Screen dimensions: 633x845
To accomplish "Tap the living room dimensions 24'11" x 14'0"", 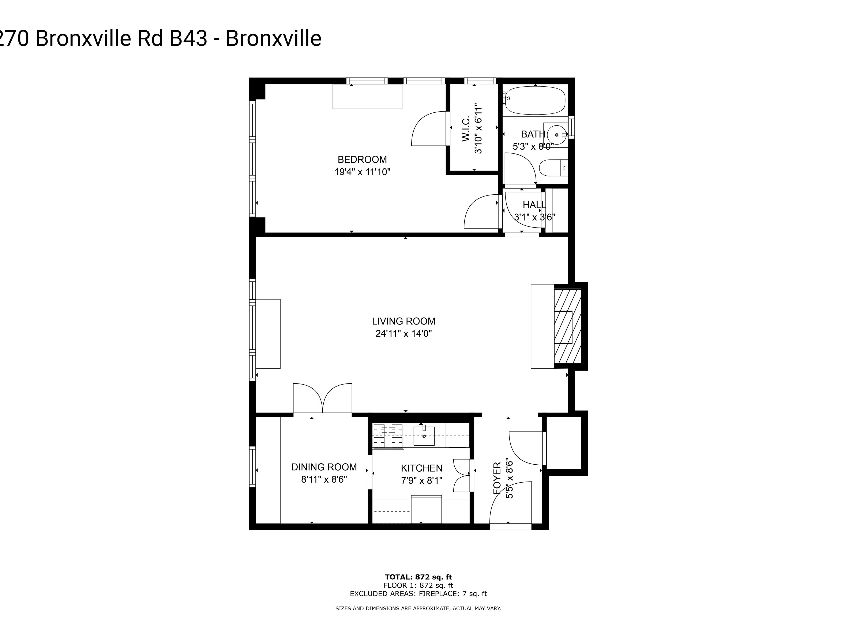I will click(x=403, y=333).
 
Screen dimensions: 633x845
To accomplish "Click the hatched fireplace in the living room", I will click(x=568, y=326).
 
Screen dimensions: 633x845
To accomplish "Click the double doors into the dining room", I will click(x=322, y=399).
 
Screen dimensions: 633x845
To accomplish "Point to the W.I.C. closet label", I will click(x=466, y=129).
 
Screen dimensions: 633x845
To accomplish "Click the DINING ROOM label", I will click(x=324, y=467).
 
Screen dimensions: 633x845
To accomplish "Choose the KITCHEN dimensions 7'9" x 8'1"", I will click(x=421, y=480).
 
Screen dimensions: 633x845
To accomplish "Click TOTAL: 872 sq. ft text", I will click(x=418, y=577).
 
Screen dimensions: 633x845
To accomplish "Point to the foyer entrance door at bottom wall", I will click(x=510, y=527).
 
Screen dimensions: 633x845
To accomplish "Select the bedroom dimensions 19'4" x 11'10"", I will click(x=362, y=172).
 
